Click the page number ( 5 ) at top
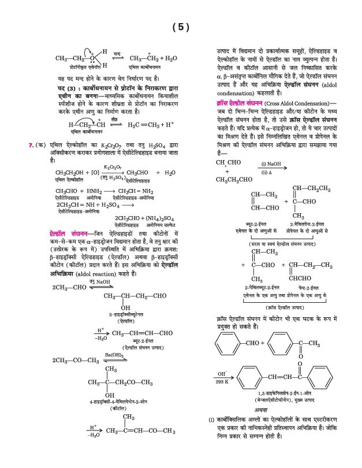[180, 27]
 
